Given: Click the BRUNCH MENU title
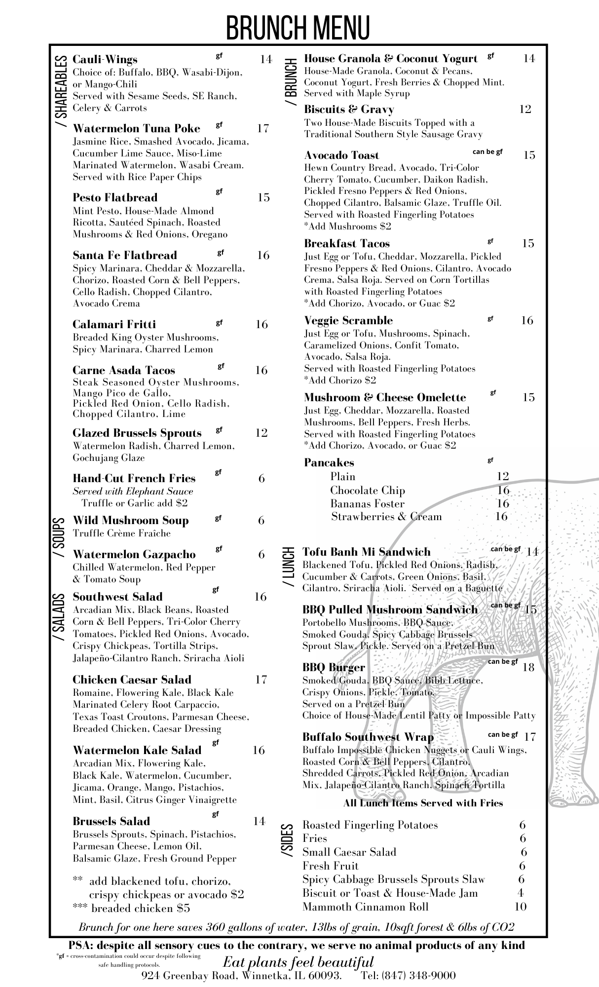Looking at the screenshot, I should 298,27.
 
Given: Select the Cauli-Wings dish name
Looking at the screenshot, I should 105,60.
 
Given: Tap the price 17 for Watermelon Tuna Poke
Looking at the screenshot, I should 263,129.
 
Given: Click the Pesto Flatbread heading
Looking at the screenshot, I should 115,198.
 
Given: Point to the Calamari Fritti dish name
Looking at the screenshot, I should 114,324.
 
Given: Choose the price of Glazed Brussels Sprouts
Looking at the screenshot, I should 262,433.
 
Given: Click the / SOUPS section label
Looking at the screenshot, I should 59,537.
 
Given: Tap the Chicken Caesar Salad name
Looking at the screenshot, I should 132,680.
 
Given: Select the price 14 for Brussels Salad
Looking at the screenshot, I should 260,821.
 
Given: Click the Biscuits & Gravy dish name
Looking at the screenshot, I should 349,109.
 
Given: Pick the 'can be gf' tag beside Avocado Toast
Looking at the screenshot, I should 487,152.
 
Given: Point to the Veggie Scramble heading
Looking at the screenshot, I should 348,321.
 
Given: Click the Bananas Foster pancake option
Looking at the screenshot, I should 367,504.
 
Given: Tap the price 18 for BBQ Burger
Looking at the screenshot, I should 528,668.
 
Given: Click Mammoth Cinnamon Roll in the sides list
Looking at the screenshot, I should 365,907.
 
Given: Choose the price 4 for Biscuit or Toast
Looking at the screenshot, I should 521,893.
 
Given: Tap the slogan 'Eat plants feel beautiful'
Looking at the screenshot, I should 298,962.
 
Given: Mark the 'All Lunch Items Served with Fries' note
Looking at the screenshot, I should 423,803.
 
